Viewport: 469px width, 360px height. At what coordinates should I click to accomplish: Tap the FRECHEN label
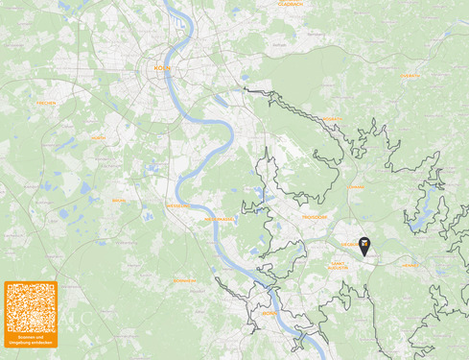pyautogui.click(x=45, y=103)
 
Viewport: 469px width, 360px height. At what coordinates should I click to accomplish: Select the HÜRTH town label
pyautogui.click(x=99, y=138)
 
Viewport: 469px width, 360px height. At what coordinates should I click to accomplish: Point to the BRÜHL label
pyautogui.click(x=119, y=200)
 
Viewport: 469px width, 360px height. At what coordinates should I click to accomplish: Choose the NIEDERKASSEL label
pyautogui.click(x=217, y=218)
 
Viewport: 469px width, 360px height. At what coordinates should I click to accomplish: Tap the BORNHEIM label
pyautogui.click(x=185, y=280)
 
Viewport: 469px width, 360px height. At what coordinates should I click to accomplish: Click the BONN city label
pyautogui.click(x=268, y=313)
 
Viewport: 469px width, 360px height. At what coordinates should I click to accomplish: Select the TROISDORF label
pyautogui.click(x=316, y=218)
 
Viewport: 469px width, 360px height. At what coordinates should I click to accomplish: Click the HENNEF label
pyautogui.click(x=409, y=264)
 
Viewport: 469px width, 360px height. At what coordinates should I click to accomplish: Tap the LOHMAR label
pyautogui.click(x=356, y=187)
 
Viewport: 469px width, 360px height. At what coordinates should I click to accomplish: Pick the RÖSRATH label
pyautogui.click(x=332, y=119)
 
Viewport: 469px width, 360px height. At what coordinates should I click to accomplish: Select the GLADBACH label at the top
pyautogui.click(x=290, y=4)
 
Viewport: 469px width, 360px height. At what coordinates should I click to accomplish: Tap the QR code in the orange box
pyautogui.click(x=30, y=307)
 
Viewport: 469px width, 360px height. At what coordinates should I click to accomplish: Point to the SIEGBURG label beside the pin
pyautogui.click(x=347, y=244)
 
